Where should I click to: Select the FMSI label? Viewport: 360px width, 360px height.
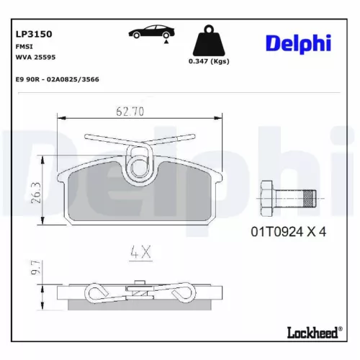tap(22, 45)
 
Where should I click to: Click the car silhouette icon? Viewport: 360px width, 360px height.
tap(150, 32)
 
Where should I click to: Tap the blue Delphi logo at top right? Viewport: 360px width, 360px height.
tap(298, 43)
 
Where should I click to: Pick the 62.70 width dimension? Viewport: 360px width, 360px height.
tap(132, 111)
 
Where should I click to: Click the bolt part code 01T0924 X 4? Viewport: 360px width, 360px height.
tap(289, 231)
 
